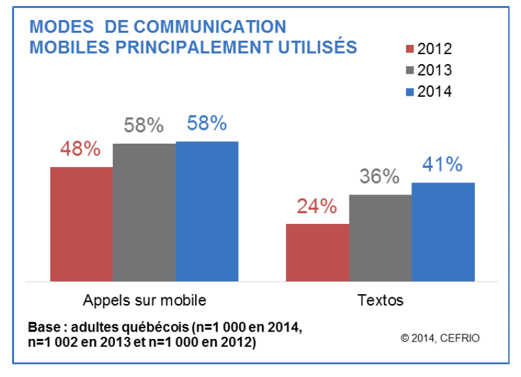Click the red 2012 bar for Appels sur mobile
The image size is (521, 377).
click(81, 224)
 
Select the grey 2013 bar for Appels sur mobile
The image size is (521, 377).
click(144, 213)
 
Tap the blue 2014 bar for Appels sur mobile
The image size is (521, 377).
click(207, 211)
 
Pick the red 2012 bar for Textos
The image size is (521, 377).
click(317, 252)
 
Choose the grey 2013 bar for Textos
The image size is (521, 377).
click(380, 238)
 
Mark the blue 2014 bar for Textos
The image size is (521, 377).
click(443, 232)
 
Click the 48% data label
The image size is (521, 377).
click(81, 149)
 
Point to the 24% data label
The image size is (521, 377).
click(317, 207)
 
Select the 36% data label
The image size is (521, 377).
click(379, 177)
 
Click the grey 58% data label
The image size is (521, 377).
click(144, 125)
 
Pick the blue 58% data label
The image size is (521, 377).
click(206, 124)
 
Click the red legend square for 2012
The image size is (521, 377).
click(411, 49)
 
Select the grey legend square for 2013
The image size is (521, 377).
click(411, 70)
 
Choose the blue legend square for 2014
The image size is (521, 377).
click(411, 92)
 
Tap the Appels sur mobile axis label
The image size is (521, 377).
click(144, 299)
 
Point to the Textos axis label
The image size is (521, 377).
click(380, 299)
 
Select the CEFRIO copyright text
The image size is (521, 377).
click(440, 338)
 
